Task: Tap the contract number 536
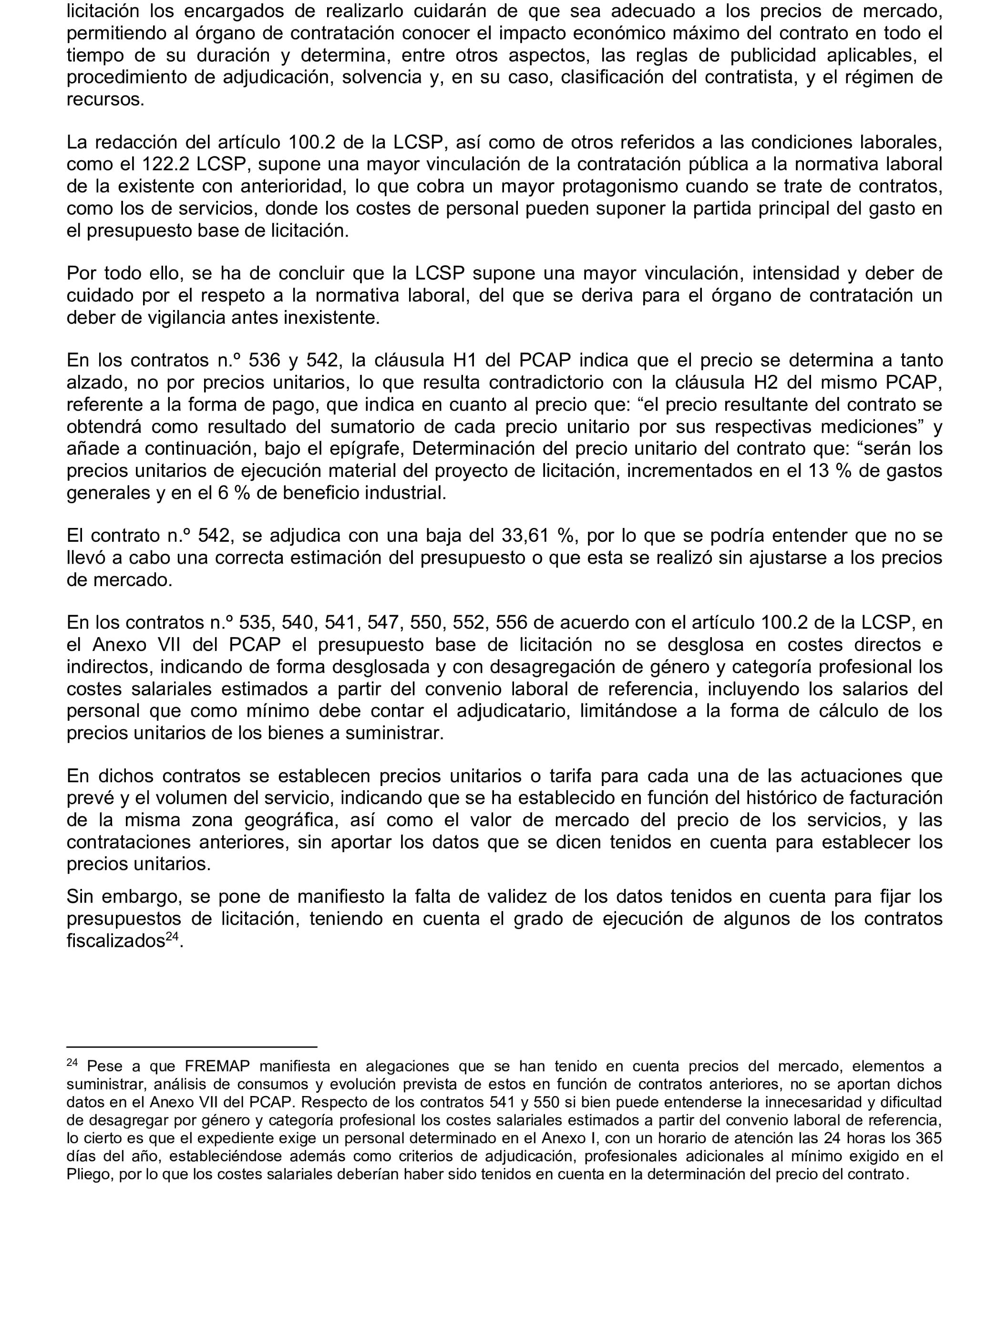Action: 264,360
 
